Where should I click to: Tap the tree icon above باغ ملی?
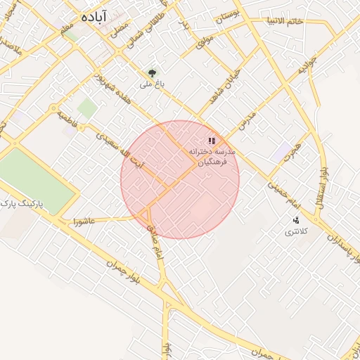click(151, 72)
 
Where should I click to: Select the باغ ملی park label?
click(146, 84)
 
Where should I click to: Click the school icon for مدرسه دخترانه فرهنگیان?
click(212, 141)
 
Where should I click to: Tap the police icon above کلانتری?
click(296, 219)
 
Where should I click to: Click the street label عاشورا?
click(75, 221)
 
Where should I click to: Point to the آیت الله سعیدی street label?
click(120, 147)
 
